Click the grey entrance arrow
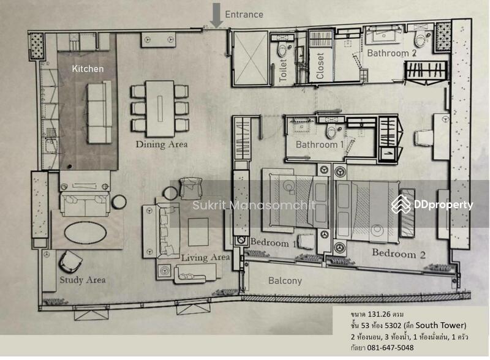pyautogui.click(x=216, y=15)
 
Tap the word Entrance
pyautogui.click(x=244, y=14)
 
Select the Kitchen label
pyautogui.click(x=88, y=69)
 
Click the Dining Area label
pyautogui.click(x=162, y=144)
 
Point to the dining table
pyautogui.click(x=160, y=109)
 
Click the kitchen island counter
pyautogui.click(x=99, y=112)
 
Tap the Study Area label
pyautogui.click(x=83, y=280)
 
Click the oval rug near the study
pyautogui.click(x=85, y=232)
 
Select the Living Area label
pyautogui.click(x=205, y=258)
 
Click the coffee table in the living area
pyautogui.click(x=198, y=232)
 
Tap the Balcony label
pyautogui.click(x=285, y=281)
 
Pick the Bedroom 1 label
pyautogui.click(x=273, y=243)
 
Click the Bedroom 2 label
pyautogui.click(x=399, y=253)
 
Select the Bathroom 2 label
pyautogui.click(x=392, y=53)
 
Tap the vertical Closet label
pyautogui.click(x=320, y=66)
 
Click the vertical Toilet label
pyautogui.click(x=283, y=70)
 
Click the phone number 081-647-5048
pyautogui.click(x=390, y=348)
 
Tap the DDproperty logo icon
pyautogui.click(x=401, y=204)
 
